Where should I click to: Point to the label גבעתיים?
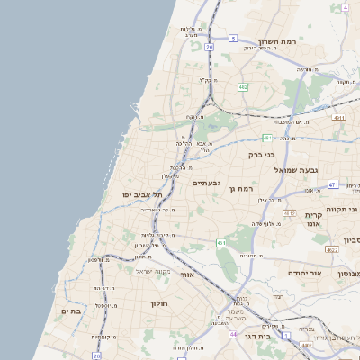(x=207, y=183)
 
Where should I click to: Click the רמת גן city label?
(x=244, y=189)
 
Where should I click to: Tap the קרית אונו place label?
(x=313, y=219)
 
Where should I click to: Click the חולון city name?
(x=159, y=304)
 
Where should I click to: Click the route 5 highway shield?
(x=232, y=39)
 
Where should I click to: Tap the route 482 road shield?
(x=243, y=86)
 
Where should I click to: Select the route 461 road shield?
(x=220, y=243)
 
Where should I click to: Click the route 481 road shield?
(x=266, y=138)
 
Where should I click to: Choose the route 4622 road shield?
(x=332, y=250)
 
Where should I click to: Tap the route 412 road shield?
(x=289, y=213)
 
